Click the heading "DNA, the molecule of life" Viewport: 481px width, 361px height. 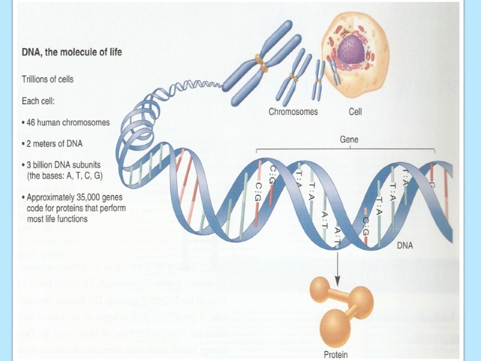point(72,52)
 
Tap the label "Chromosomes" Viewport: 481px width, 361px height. point(293,111)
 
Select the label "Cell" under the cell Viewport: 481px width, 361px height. point(355,111)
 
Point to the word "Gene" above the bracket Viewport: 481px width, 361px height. point(349,138)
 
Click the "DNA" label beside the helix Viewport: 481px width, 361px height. point(404,245)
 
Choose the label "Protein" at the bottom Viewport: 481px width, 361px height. point(335,354)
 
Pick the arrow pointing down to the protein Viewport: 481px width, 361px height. point(337,265)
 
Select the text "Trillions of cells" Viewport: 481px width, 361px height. point(47,79)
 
